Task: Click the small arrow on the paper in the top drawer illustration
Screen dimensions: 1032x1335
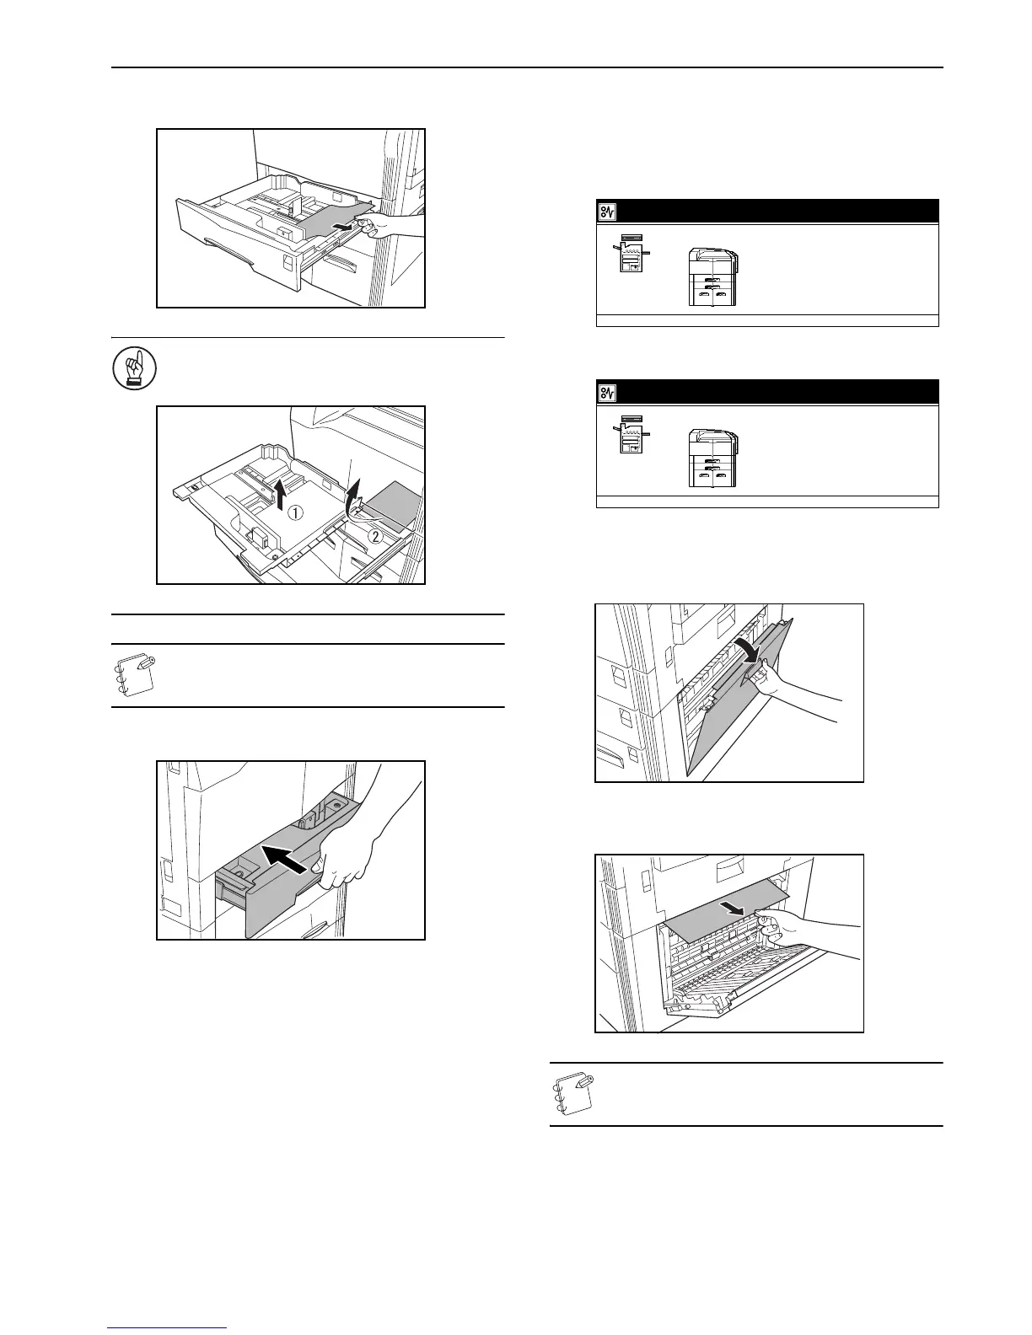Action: click(342, 226)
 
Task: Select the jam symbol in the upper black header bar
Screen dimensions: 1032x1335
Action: click(608, 211)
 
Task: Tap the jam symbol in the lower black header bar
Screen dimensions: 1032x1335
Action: click(608, 392)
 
